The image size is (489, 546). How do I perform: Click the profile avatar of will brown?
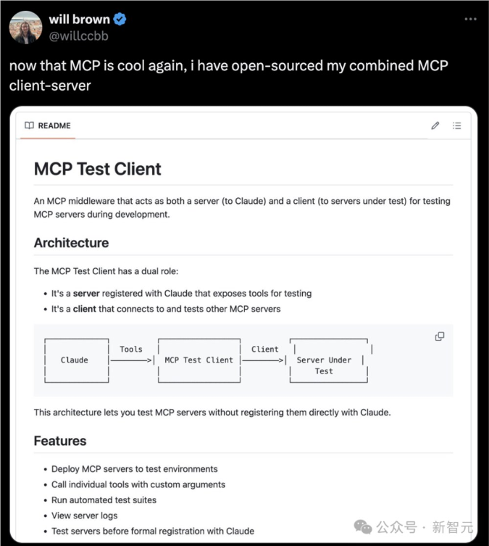coord(25,28)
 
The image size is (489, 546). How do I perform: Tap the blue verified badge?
coord(120,20)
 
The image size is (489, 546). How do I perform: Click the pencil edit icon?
coord(435,125)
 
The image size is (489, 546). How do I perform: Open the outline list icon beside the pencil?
coord(457,125)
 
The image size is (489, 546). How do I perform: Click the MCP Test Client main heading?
coord(98,169)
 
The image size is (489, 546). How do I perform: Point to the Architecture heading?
coord(71,243)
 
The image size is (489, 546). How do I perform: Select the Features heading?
coord(60,441)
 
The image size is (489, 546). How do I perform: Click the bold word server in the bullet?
coord(86,294)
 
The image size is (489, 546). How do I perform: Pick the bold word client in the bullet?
coord(85,309)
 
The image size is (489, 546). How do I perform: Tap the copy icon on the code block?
coord(439,336)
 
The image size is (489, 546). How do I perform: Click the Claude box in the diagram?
coord(75,360)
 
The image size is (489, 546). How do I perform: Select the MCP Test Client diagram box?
coord(198,360)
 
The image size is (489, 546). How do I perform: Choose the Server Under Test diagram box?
coord(325,360)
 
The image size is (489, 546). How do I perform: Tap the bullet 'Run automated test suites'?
coord(104,500)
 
